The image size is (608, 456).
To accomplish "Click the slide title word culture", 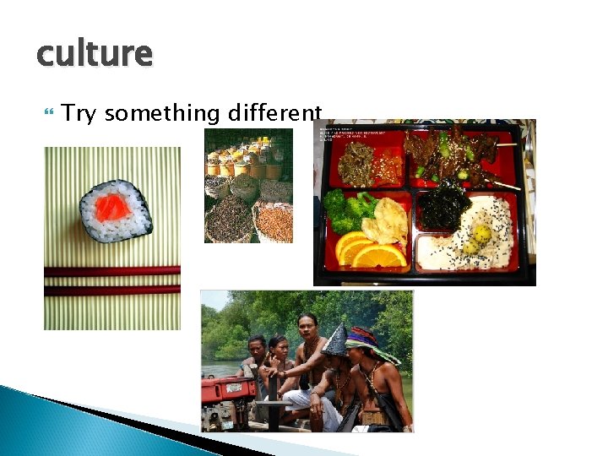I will pyautogui.click(x=95, y=55).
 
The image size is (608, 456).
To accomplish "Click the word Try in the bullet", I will pyautogui.click(x=79, y=113).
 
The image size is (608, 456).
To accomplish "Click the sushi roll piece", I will pyautogui.click(x=116, y=210).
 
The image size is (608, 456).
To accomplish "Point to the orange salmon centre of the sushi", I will pyautogui.click(x=111, y=208).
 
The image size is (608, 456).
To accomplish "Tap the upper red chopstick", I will pyautogui.click(x=111, y=271).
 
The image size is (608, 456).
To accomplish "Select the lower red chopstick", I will pyautogui.click(x=111, y=290).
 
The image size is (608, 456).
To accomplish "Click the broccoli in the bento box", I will pyautogui.click(x=347, y=210).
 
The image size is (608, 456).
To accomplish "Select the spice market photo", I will pyautogui.click(x=248, y=186).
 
